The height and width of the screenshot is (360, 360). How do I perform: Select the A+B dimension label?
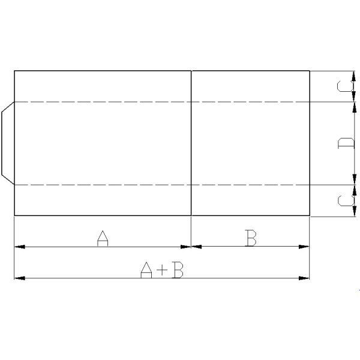click(x=161, y=271)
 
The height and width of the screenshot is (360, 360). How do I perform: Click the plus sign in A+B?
click(x=161, y=271)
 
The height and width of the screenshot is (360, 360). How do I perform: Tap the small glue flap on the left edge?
click(x=7, y=143)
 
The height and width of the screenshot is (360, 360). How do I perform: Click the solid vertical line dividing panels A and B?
click(x=191, y=143)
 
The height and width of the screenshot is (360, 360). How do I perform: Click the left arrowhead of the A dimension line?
click(x=17, y=246)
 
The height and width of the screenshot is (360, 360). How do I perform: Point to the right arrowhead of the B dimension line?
click(x=305, y=246)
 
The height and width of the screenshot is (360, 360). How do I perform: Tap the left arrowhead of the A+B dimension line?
click(x=17, y=278)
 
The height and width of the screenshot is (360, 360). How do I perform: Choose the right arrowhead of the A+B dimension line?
click(x=305, y=278)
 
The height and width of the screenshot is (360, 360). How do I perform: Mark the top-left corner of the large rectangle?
click(x=14, y=71)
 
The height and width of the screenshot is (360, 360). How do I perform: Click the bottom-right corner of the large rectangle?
click(x=310, y=215)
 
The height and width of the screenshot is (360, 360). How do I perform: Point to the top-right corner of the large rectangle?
click(x=310, y=71)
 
